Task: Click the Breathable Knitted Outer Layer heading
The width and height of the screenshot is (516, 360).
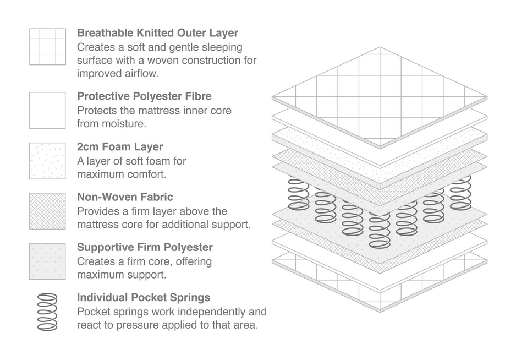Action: coord(157,33)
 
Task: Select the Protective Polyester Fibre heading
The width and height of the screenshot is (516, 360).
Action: coord(144,96)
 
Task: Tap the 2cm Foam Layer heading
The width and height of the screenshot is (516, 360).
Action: coord(120,147)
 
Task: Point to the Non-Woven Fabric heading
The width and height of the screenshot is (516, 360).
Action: coord(125,197)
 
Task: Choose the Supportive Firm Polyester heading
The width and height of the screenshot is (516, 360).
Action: coord(145,247)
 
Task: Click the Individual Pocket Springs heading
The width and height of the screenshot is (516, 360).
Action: coord(143,298)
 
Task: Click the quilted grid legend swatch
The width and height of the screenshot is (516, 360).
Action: coord(47,47)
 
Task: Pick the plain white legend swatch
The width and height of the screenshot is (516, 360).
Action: coord(47,110)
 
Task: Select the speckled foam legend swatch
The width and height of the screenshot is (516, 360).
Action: coord(47,161)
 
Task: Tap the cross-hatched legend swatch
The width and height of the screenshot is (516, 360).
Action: coord(47,211)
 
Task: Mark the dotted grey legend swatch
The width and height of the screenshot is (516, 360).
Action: coord(47,261)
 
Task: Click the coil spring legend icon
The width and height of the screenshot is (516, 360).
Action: coord(47,312)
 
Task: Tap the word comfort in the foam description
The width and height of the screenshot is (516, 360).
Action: coord(149,174)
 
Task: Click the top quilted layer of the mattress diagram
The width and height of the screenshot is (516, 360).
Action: coord(380,96)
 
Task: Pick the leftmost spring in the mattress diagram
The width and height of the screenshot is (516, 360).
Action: coord(299,194)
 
